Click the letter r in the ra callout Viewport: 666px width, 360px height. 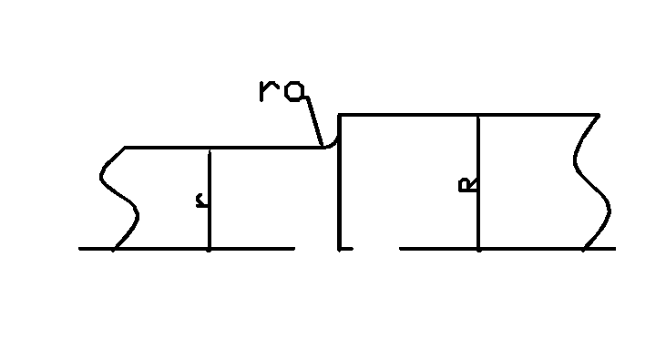(268, 91)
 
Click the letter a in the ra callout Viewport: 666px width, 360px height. (295, 91)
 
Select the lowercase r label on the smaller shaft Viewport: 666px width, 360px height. (200, 201)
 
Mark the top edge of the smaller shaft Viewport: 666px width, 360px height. (228, 147)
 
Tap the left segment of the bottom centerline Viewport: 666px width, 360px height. (182, 248)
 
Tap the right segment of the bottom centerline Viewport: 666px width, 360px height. (510, 248)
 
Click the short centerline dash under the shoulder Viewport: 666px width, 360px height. (344, 248)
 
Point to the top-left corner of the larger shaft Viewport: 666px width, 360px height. (339, 115)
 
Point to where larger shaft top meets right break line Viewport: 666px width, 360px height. (599, 115)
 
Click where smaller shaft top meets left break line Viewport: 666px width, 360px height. (125, 147)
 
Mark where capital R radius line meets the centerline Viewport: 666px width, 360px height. (478, 248)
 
